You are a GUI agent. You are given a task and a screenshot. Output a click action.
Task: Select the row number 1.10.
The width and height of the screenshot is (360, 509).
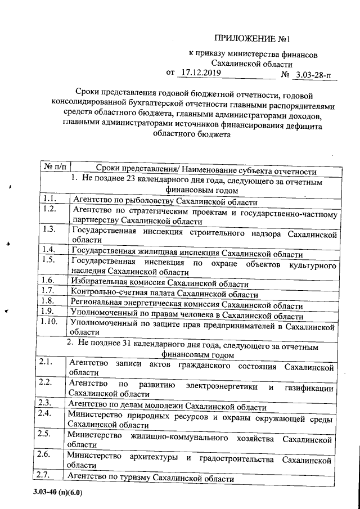pos(51,322)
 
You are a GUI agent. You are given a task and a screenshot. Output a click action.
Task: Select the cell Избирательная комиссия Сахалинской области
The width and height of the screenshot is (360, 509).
pos(160,282)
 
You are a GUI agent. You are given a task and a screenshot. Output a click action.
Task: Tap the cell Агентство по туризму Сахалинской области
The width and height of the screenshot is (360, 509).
pos(150,478)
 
